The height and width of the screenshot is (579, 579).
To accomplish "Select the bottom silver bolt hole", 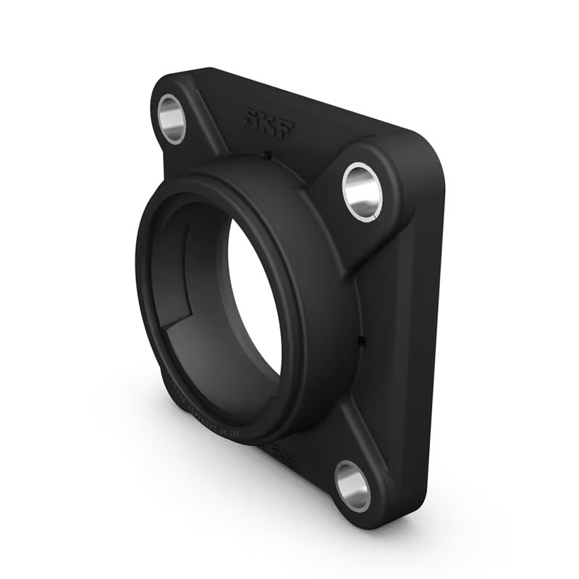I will [x=352, y=486].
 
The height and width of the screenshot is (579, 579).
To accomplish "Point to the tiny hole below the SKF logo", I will [x=266, y=154].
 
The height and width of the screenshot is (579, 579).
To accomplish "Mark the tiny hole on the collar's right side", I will [x=360, y=339].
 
